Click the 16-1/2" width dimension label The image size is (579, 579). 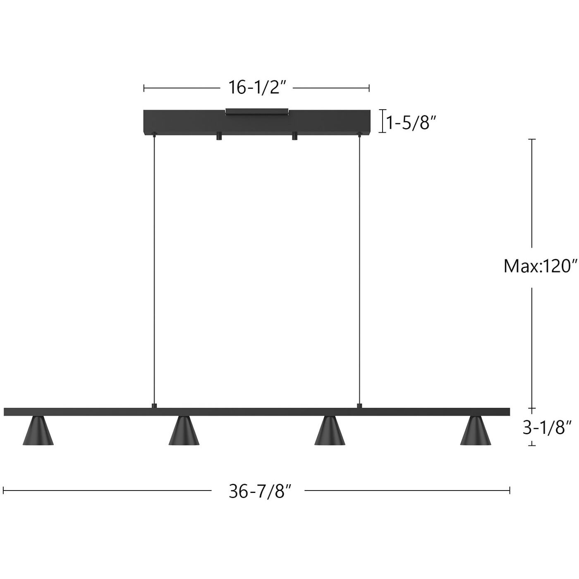pyautogui.click(x=258, y=87)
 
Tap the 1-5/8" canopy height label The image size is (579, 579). pyautogui.click(x=412, y=122)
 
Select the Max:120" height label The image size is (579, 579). pyautogui.click(x=540, y=266)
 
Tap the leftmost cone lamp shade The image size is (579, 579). pyautogui.click(x=38, y=432)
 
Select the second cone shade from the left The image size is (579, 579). pyautogui.click(x=184, y=432)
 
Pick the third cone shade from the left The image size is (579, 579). pyautogui.click(x=330, y=432)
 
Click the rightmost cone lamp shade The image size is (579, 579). pyautogui.click(x=476, y=432)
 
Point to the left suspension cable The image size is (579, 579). pyautogui.click(x=154, y=269)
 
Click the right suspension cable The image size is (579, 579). pyautogui.click(x=359, y=269)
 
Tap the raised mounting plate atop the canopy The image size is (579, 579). pyautogui.click(x=256, y=111)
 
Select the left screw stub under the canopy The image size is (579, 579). pyautogui.click(x=218, y=136)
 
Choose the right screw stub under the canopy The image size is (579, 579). pyautogui.click(x=294, y=136)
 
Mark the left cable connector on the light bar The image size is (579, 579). pyautogui.click(x=154, y=406)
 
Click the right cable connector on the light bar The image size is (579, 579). pyautogui.click(x=359, y=406)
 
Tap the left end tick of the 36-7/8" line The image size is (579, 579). pyautogui.click(x=3, y=490)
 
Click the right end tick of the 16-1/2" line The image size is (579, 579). pyautogui.click(x=369, y=88)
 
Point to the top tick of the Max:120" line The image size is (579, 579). pyautogui.click(x=532, y=140)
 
